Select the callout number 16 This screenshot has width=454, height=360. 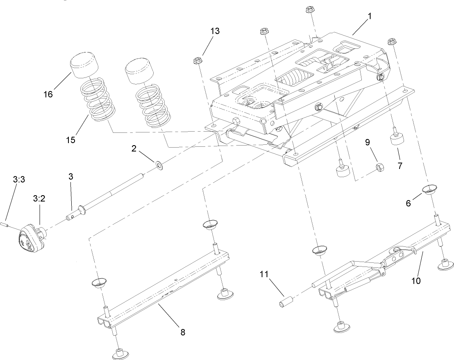(x=48, y=94)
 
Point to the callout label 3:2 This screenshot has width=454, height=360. (x=39, y=198)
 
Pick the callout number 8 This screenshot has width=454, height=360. (x=183, y=333)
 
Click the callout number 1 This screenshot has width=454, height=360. (x=370, y=16)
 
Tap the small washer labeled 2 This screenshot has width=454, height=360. (x=159, y=166)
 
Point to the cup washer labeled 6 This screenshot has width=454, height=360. (x=429, y=190)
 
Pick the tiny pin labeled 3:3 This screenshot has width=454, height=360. (x=7, y=224)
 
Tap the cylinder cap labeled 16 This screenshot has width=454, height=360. (x=85, y=65)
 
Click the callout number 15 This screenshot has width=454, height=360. (x=70, y=140)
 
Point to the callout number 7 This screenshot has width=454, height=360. (x=400, y=166)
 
